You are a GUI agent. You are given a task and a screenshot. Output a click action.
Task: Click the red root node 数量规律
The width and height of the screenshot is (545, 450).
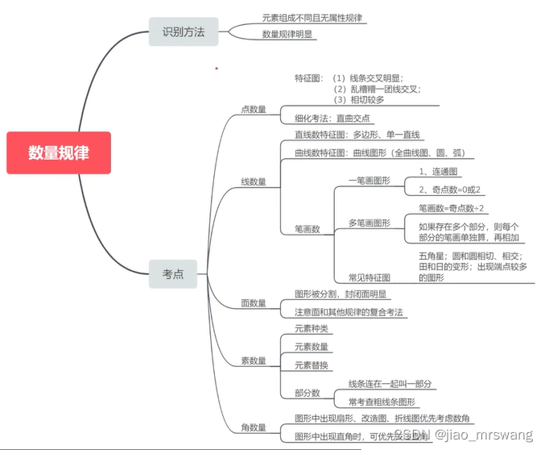tap(59, 153)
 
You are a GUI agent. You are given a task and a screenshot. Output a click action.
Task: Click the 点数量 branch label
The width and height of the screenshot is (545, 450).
tap(254, 109)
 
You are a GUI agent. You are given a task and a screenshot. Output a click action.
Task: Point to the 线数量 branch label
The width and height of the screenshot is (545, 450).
tap(254, 182)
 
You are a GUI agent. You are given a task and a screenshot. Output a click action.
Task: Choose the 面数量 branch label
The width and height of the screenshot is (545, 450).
tap(254, 303)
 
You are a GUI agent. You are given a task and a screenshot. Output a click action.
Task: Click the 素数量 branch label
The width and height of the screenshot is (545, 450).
tap(254, 360)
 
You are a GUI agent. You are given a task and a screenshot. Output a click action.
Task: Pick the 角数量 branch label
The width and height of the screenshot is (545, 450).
tap(254, 426)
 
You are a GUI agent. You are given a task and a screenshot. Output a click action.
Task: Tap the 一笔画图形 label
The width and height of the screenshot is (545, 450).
tap(369, 181)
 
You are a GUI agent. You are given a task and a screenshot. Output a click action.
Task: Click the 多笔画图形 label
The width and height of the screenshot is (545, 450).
tap(369, 222)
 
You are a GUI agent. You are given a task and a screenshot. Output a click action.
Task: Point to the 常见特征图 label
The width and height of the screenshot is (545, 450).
tap(369, 277)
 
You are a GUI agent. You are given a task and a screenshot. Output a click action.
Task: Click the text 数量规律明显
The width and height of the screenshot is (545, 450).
tap(287, 34)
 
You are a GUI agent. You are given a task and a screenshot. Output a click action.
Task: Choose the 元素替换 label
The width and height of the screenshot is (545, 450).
tap(312, 365)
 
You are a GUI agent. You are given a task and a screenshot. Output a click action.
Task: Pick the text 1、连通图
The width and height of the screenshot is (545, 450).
tap(438, 172)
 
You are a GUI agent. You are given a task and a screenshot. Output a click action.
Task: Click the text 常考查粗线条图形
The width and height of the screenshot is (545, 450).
tap(382, 402)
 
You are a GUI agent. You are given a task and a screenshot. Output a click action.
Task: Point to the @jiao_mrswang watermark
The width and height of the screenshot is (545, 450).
tap(484, 436)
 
